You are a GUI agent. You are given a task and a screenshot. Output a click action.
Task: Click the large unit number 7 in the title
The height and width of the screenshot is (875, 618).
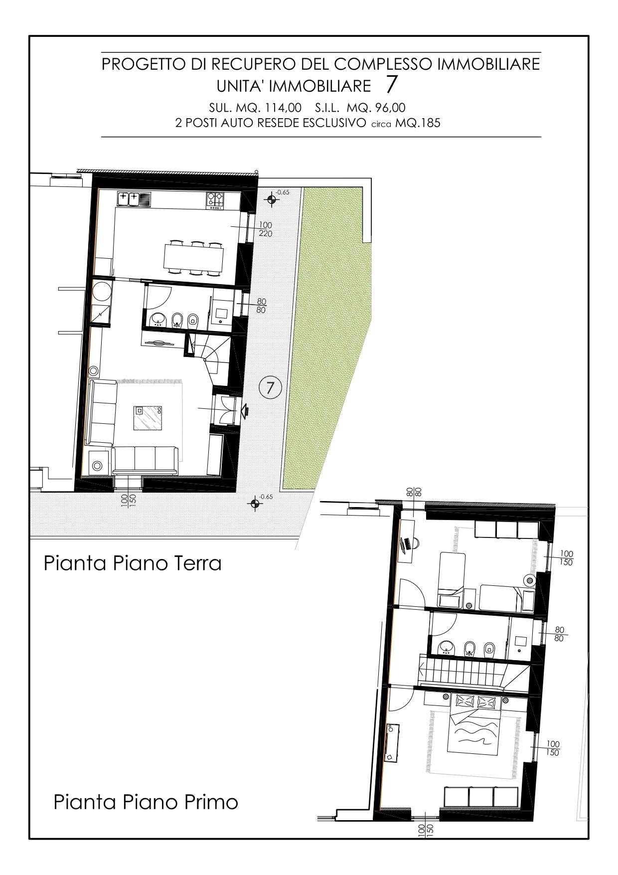pos(392,85)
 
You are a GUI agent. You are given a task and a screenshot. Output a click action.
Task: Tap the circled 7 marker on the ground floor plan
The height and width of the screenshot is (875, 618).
pos(271,387)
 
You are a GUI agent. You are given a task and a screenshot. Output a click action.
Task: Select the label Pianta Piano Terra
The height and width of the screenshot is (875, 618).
pos(133,563)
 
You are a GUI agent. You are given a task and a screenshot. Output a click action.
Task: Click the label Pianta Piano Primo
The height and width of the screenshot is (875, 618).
pos(146,802)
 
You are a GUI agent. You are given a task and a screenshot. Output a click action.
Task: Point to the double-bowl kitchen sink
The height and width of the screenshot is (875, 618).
pos(134,199)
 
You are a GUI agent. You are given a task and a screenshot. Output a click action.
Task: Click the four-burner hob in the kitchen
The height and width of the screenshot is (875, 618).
pos(215,199)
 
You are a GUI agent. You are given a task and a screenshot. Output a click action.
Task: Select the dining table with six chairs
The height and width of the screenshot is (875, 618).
pos(193,257)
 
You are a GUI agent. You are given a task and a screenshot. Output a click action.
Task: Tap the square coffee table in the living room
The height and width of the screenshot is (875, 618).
pos(148,417)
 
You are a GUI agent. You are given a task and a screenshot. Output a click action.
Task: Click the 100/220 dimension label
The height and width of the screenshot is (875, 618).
pos(266,229)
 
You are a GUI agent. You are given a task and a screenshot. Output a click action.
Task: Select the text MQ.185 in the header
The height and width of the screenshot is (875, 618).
pos(418,123)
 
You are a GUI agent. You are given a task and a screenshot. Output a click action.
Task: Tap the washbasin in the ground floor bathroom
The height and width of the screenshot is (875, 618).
pos(159,319)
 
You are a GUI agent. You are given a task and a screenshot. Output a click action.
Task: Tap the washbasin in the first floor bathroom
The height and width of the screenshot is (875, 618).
pos(446,648)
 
